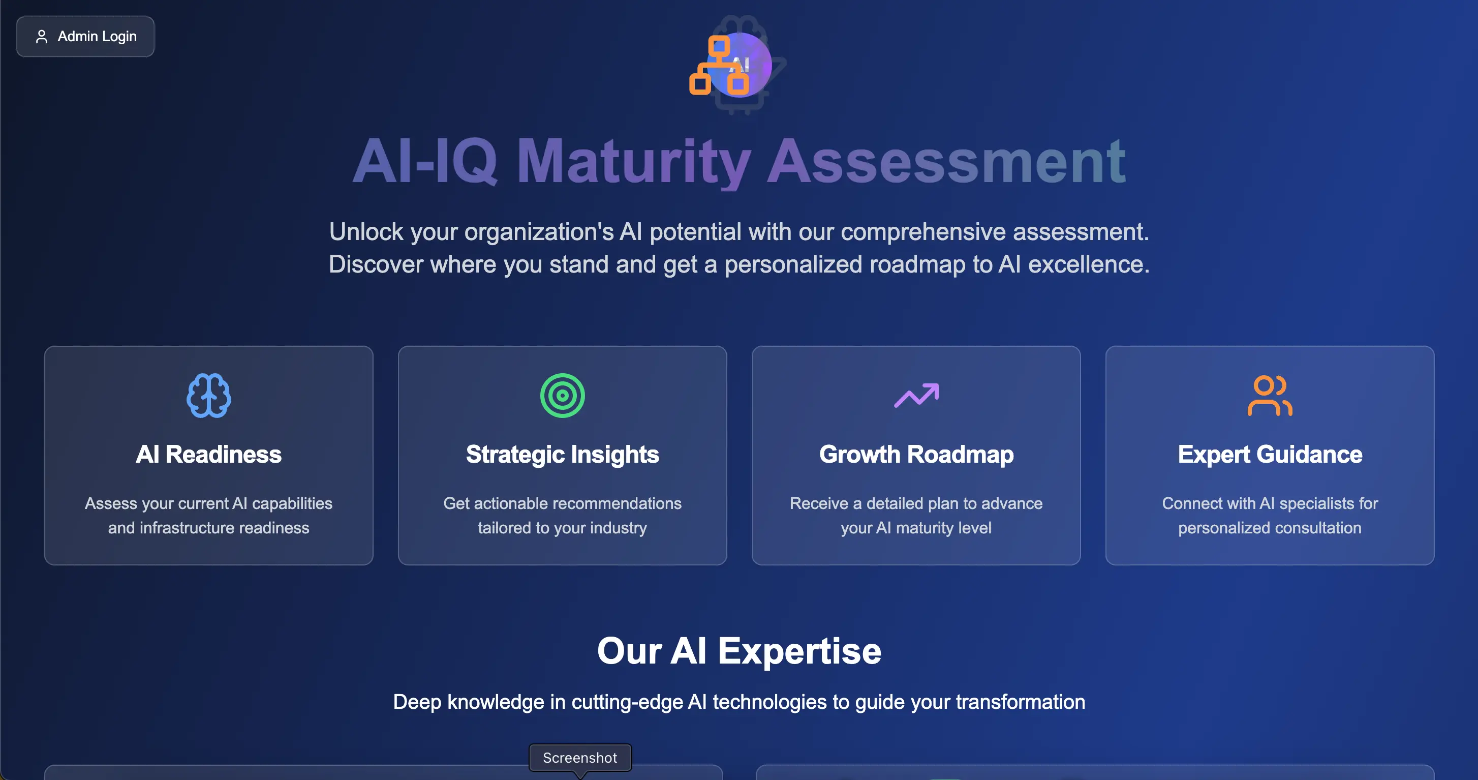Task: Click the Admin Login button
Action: click(85, 36)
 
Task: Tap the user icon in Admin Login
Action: click(41, 37)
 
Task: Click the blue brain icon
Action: click(209, 396)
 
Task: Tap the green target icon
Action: click(562, 396)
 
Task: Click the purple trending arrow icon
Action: click(916, 396)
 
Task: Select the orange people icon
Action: click(1270, 396)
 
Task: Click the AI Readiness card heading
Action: click(209, 455)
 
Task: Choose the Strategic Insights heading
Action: click(562, 455)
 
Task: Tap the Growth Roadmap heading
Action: click(916, 455)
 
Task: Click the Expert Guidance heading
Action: click(1270, 455)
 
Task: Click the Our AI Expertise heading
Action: click(739, 651)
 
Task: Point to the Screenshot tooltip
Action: click(580, 758)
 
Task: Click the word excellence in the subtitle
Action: click(1088, 264)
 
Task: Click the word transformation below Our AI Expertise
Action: click(1020, 702)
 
